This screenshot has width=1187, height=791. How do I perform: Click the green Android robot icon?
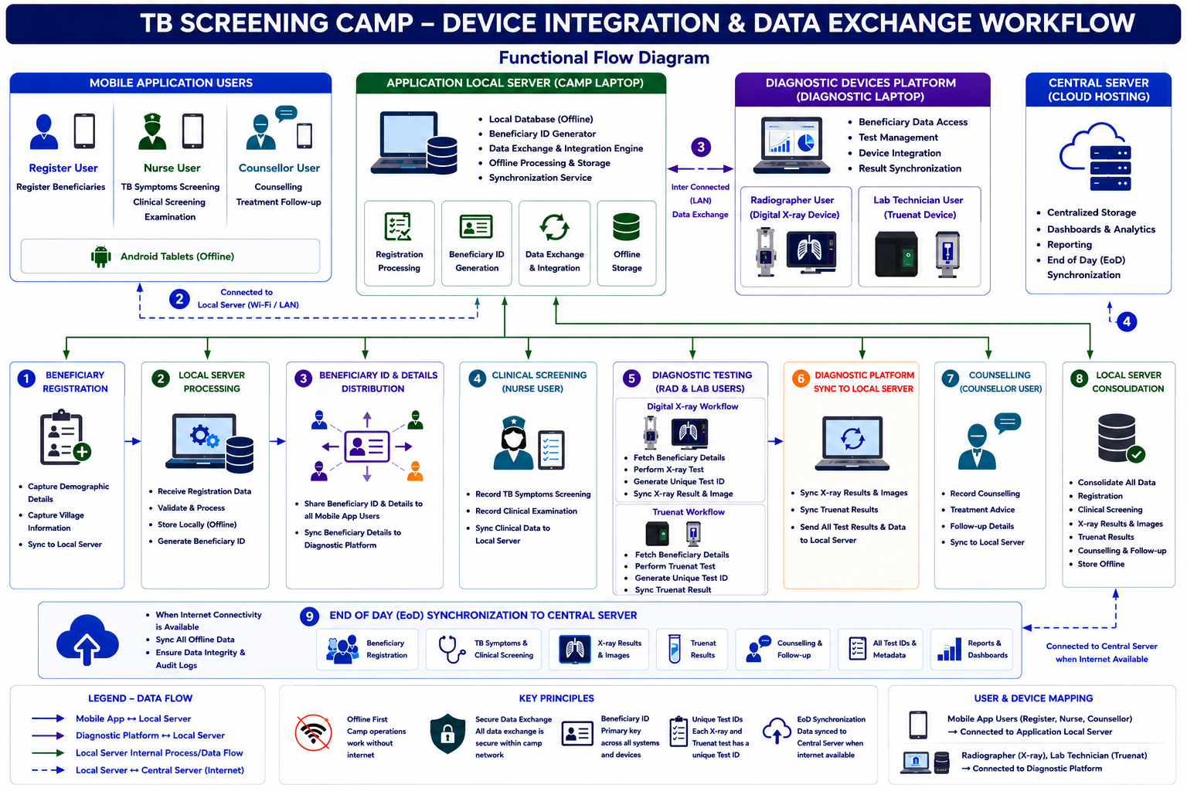(x=100, y=256)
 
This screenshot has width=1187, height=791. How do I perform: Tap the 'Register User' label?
(x=63, y=168)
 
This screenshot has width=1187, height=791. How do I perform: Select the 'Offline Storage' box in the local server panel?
(x=627, y=243)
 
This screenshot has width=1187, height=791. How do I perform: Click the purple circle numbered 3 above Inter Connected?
(x=701, y=147)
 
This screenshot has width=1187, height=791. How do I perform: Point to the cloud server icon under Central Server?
(x=1096, y=156)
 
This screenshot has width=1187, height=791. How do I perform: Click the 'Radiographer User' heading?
(x=791, y=200)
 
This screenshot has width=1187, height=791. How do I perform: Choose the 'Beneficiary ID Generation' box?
(x=476, y=243)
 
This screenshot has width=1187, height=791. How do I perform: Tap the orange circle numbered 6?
(x=801, y=379)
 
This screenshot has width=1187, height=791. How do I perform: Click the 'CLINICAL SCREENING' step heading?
(x=539, y=375)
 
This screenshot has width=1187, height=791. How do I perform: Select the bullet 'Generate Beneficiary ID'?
(x=201, y=541)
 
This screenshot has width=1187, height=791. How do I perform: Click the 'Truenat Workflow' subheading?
(x=689, y=512)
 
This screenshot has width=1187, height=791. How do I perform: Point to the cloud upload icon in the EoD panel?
(x=87, y=639)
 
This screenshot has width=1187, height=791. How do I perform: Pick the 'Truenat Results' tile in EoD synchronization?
(x=692, y=649)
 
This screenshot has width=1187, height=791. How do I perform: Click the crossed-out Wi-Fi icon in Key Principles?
(x=313, y=733)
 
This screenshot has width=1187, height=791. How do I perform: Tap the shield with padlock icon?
(x=447, y=733)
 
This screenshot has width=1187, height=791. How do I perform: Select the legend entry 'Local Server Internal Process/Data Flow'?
(x=159, y=753)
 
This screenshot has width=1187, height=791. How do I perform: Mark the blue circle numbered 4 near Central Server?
(x=1127, y=321)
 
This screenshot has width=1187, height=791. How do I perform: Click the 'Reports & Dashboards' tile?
(x=972, y=649)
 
